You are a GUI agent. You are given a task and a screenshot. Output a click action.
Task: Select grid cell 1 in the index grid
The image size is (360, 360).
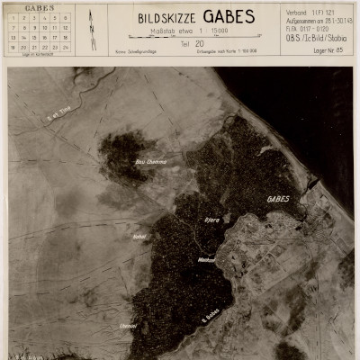pyautogui.click(x=12, y=17)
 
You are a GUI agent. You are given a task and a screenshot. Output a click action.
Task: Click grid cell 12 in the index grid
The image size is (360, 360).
pyautogui.click(x=66, y=27)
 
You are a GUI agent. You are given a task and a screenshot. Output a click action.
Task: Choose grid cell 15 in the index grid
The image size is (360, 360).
pyautogui.click(x=33, y=37)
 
